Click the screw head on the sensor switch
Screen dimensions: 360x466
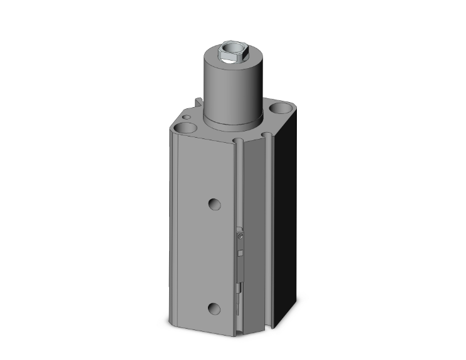tap(241, 235)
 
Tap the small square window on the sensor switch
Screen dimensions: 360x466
tap(241, 252)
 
